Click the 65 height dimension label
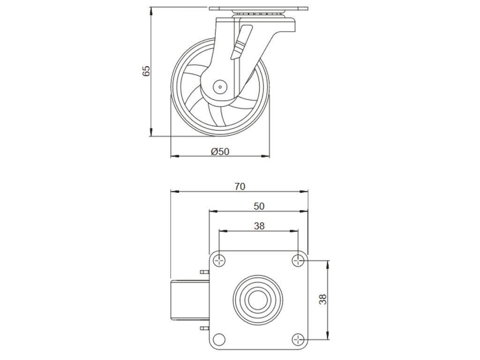(x=146, y=71)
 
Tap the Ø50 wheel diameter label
(x=220, y=151)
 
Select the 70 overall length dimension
(x=239, y=186)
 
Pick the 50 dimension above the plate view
(x=259, y=206)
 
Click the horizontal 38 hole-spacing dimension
(x=259, y=225)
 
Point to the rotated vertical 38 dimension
(x=323, y=299)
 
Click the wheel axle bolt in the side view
(x=219, y=86)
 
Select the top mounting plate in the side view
(x=257, y=9)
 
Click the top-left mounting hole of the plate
(x=219, y=260)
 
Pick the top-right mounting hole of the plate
(x=298, y=260)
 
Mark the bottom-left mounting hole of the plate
(x=219, y=339)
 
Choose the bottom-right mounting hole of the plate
(x=298, y=339)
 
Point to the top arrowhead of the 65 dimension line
(x=151, y=9)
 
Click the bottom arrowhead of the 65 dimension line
(x=151, y=134)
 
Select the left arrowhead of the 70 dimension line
(x=173, y=191)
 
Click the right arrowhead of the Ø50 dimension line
(x=268, y=156)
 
